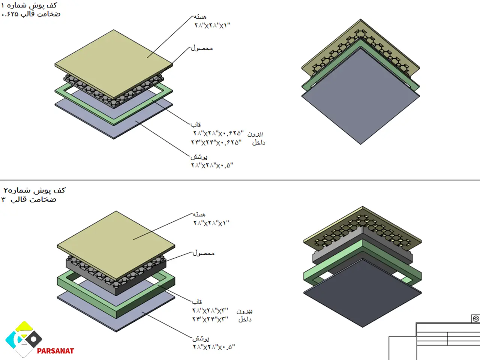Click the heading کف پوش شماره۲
[34, 190]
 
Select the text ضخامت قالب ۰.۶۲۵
[31, 14]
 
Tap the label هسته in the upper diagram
[200, 17]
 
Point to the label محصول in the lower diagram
[204, 253]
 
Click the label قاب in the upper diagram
[196, 124]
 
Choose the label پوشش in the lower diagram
[201, 338]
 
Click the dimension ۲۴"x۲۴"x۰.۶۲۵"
[216, 142]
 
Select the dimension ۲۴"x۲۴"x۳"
[210, 319]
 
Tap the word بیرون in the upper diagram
[255, 133]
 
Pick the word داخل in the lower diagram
[245, 319]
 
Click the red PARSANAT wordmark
[55, 351]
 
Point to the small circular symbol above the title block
[475, 319]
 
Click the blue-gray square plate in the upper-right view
[361, 96]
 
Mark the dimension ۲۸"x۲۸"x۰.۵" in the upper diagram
[212, 165]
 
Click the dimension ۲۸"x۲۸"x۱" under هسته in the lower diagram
[211, 223]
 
